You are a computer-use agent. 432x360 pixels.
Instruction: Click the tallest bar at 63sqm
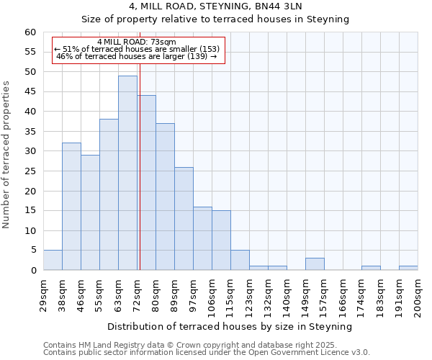(127, 173)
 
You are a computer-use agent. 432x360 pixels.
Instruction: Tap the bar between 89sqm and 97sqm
(184, 219)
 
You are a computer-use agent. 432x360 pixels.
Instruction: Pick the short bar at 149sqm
(315, 264)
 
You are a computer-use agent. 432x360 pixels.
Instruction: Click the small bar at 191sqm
(408, 268)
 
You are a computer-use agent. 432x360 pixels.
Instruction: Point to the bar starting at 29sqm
(53, 260)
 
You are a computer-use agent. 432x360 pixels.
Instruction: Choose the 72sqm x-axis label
(137, 294)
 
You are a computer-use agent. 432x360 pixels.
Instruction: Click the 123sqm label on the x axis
(249, 295)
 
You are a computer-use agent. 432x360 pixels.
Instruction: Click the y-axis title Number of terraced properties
(6, 155)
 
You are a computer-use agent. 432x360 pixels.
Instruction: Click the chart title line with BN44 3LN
(216, 6)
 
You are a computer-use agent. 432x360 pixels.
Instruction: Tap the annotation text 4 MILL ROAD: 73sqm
(137, 42)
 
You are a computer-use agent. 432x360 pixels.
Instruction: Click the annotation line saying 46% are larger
(137, 57)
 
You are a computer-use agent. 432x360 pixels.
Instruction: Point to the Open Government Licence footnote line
(206, 353)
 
